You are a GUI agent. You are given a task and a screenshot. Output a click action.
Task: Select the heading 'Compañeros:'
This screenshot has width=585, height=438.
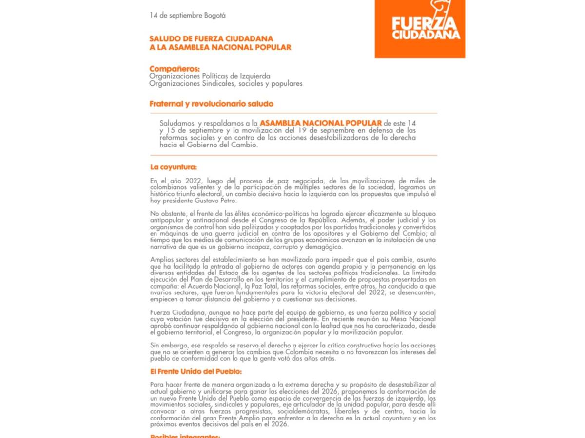[x=175, y=69]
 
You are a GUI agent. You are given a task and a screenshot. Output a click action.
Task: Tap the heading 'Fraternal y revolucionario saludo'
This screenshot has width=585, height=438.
[x=211, y=104]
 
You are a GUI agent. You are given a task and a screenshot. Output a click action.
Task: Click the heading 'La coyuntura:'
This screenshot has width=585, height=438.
[x=174, y=167]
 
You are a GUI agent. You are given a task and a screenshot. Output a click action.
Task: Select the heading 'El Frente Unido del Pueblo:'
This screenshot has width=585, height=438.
[x=196, y=372]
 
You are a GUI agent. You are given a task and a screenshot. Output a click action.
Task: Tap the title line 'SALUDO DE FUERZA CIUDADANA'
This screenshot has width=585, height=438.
[x=211, y=38]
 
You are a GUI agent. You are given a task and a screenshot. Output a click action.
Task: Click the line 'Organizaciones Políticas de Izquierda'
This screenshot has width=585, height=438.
[x=210, y=76]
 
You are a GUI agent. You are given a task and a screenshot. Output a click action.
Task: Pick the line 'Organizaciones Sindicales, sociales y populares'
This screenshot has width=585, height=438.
[x=226, y=84]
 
